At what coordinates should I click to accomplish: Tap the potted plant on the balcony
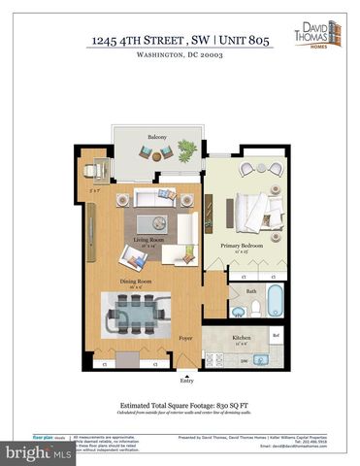tap(184, 149)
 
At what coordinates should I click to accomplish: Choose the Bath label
tap(251, 290)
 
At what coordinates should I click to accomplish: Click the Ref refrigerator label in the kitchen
tap(276, 337)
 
